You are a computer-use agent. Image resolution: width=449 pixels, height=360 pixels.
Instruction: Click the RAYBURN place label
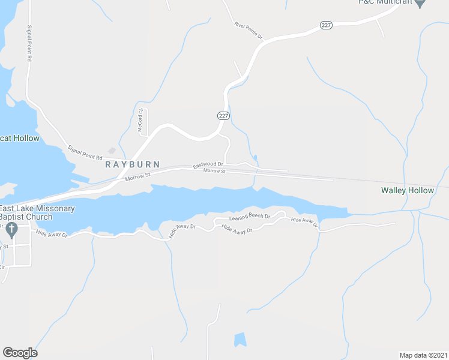[x=133, y=164]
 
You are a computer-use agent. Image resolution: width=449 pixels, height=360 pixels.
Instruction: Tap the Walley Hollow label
[x=407, y=190]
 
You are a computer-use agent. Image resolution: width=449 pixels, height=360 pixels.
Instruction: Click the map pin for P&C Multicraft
[x=420, y=3]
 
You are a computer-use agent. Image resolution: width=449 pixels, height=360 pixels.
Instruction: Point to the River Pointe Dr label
[x=249, y=31]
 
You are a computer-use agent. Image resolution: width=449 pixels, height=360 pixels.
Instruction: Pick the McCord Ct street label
[x=140, y=119]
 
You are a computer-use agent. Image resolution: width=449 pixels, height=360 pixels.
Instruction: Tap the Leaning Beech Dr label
[x=250, y=216]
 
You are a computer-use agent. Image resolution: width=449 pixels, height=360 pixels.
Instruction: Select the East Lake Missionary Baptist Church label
[x=37, y=212]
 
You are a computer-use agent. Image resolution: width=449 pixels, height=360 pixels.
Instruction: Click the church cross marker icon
[x=11, y=229]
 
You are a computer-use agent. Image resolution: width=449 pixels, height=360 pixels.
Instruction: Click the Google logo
[x=20, y=353]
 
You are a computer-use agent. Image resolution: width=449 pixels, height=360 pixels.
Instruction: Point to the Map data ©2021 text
[x=424, y=355]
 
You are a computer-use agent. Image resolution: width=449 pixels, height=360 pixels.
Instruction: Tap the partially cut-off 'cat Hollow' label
[x=19, y=139]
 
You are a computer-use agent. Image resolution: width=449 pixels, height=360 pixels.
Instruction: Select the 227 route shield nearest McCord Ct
[x=223, y=115]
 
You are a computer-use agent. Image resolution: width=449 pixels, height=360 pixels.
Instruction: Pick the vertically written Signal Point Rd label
[x=29, y=44]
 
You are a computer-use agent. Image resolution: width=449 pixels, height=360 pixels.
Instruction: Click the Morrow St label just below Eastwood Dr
[x=214, y=172]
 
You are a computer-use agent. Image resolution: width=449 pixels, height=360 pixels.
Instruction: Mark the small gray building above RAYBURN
[x=112, y=151]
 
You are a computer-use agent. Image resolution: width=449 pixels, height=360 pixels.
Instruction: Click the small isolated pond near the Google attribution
[x=240, y=339]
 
